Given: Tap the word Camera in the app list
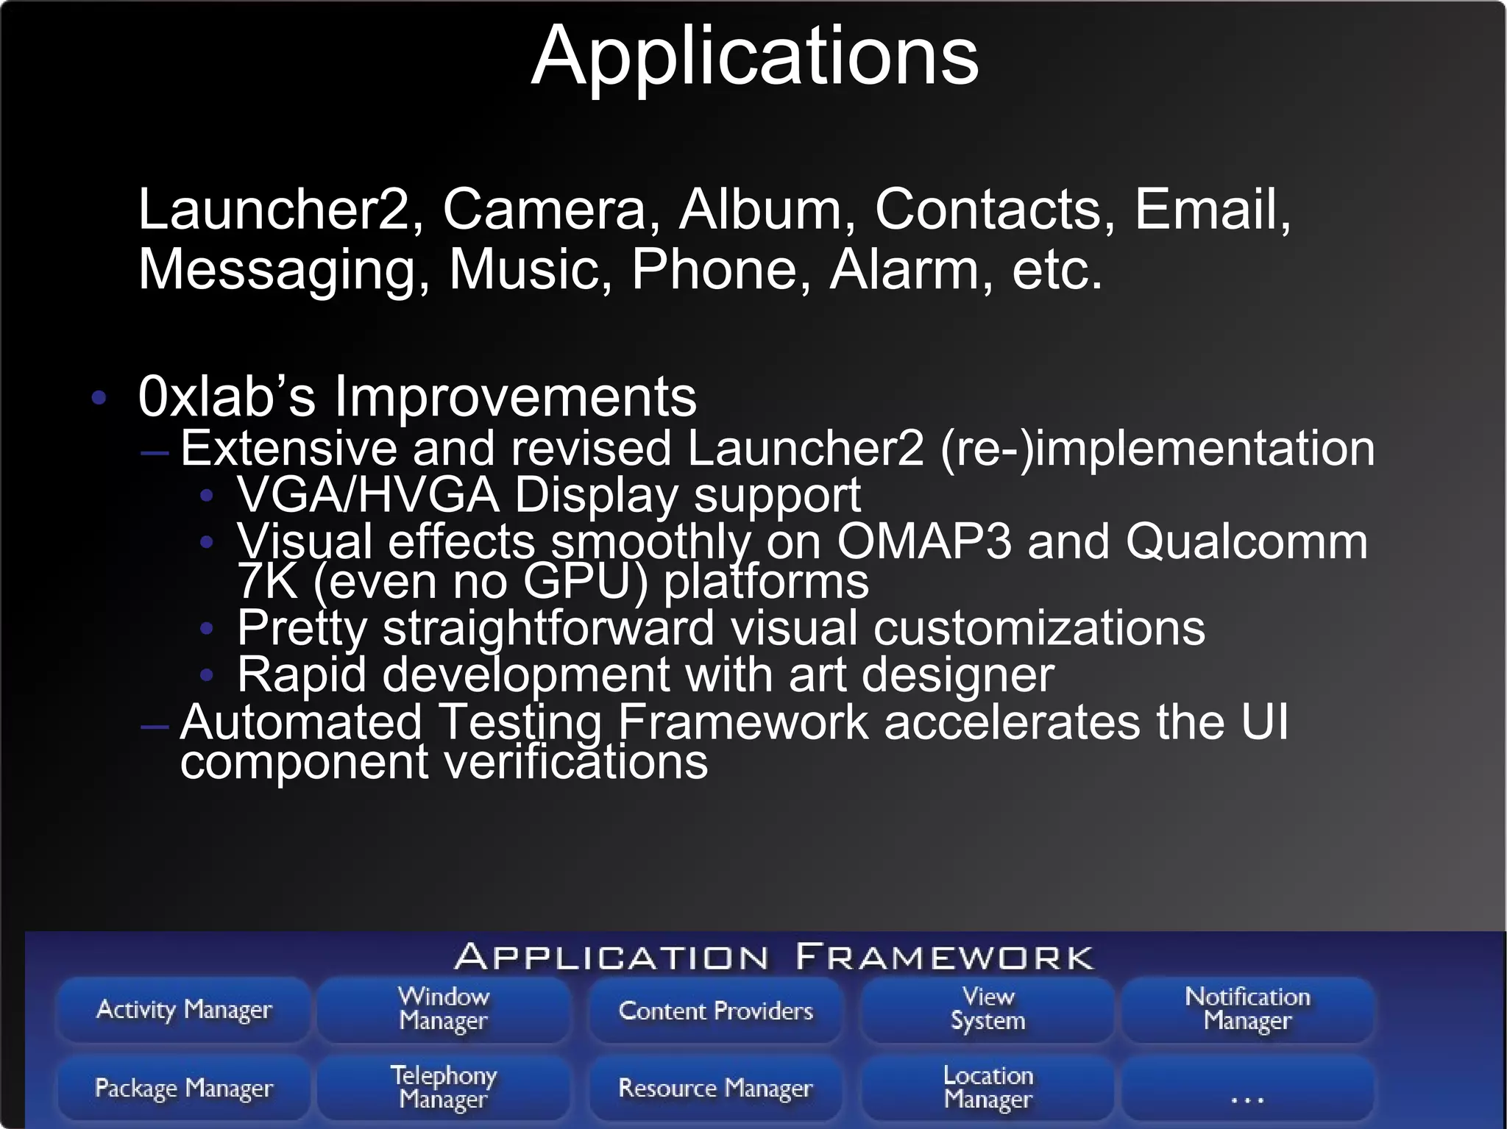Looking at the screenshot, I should pos(544,210).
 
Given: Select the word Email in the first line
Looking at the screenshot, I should pos(1211,210).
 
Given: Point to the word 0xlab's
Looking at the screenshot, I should pos(227,397).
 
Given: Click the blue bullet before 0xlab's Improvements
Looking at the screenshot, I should pos(99,399).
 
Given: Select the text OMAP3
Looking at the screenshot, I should pos(923,541).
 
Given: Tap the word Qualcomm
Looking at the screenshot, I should pos(1247,541).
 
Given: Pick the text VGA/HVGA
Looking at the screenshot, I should pos(368,495).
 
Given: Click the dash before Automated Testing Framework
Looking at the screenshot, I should pos(155,727).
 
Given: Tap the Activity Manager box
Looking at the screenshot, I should pos(184,1010).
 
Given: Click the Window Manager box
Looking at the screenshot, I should pos(444,1010).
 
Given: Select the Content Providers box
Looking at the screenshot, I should pos(716,1011).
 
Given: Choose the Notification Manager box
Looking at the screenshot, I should pos(1247,1010).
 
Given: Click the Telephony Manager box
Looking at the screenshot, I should pos(444,1088).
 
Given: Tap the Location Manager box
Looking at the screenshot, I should pos(988,1088).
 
